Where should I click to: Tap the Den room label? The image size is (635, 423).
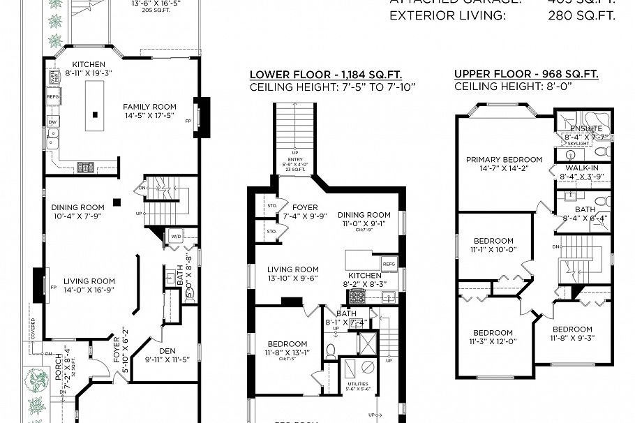click(161, 355)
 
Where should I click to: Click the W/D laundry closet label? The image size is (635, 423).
click(174, 237)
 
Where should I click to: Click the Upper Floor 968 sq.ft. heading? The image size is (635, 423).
click(526, 75)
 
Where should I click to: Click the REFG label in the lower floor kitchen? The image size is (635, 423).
click(389, 264)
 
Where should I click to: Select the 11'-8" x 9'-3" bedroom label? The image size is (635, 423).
click(572, 333)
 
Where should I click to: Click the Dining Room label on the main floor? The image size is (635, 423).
click(77, 211)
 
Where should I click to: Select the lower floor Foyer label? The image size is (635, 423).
click(304, 211)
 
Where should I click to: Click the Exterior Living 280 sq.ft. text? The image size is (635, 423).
click(502, 15)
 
